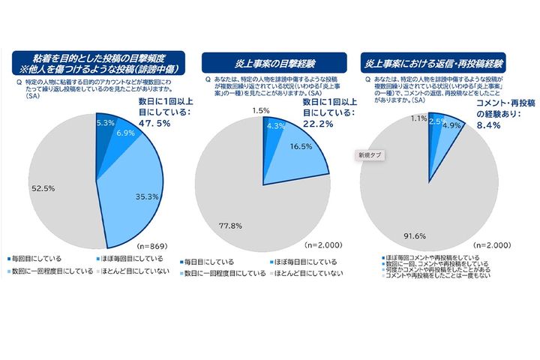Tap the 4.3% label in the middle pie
pyautogui.click(x=275, y=126)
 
